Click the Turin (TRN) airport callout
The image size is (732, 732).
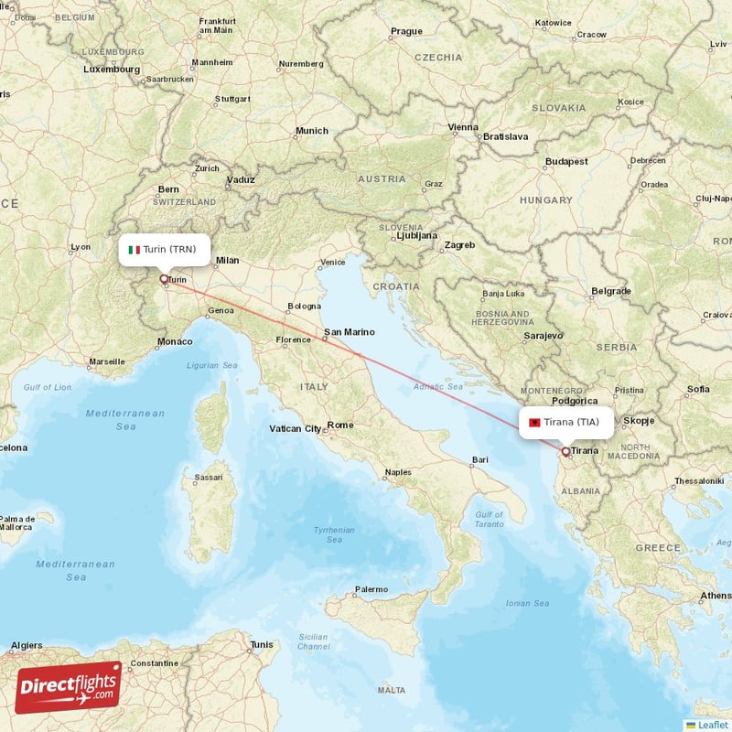(x=165, y=249)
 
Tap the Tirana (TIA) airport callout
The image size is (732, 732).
(x=567, y=422)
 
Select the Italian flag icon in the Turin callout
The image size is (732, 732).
(x=134, y=250)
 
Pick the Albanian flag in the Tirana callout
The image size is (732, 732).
(x=534, y=422)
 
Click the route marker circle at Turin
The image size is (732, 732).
(x=164, y=279)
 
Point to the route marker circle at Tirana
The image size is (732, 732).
(x=565, y=451)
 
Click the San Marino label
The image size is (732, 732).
(x=349, y=332)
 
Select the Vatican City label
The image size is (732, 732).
(x=296, y=428)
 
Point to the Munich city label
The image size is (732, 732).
(x=311, y=131)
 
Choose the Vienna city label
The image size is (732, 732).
(x=463, y=127)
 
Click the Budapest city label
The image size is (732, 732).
(x=566, y=161)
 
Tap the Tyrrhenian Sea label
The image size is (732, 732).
(x=334, y=534)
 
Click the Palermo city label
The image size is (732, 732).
(x=371, y=589)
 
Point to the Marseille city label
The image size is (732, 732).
(x=106, y=361)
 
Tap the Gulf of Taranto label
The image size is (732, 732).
(x=490, y=520)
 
